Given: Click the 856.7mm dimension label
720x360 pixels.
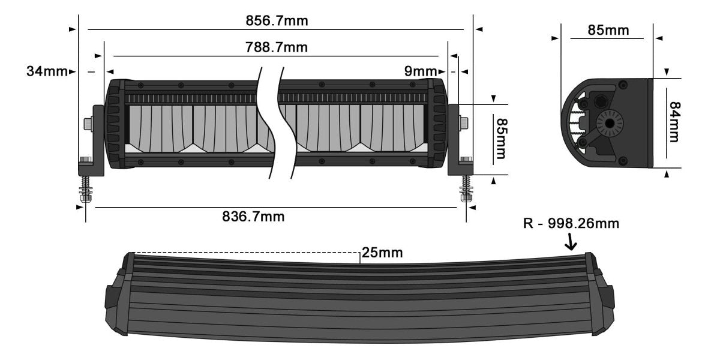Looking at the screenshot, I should coord(277,21).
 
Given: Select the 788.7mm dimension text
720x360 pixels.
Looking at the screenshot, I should coord(277,47).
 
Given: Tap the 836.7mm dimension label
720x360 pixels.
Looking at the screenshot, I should coord(253,217).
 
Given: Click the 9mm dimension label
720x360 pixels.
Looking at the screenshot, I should coord(420,72).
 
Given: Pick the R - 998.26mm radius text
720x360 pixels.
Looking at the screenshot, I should coord(571,224).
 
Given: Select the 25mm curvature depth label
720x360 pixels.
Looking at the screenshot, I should coord(382,253).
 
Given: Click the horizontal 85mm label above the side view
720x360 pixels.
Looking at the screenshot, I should coord(608,30).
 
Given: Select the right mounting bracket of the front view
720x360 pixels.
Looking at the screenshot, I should coord(455,141).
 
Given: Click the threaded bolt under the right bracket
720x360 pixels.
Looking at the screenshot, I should coord(466,188).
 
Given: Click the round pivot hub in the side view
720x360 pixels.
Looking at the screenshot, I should coord(610,123).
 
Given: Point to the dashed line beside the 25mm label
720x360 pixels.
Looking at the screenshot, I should coord(246,252).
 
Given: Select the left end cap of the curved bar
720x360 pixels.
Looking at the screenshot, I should coord(118,295).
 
